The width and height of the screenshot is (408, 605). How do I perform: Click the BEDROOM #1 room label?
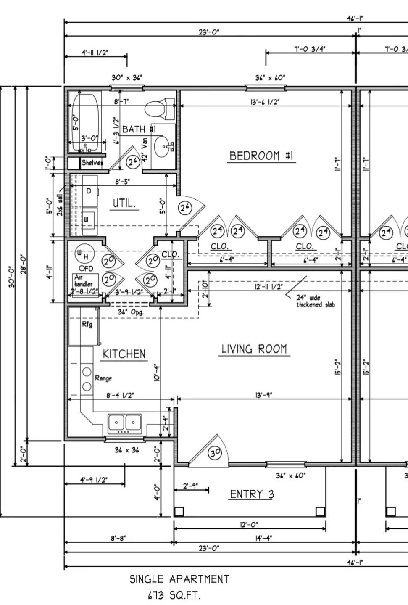click(x=261, y=156)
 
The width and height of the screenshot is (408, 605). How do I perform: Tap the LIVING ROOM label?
click(x=254, y=349)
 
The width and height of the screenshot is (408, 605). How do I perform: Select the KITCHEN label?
click(x=124, y=354)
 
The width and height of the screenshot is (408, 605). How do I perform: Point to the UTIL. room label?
click(x=124, y=204)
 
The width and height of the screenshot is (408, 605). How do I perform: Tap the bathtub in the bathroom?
click(x=85, y=122)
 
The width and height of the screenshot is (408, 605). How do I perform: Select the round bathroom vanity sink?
click(x=163, y=147)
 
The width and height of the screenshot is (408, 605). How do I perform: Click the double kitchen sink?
click(x=125, y=422)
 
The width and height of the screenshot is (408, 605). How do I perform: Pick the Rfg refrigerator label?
click(x=87, y=325)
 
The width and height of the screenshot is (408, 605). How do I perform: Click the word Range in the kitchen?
click(x=103, y=378)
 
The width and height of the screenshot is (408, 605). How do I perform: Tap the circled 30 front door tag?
click(x=216, y=453)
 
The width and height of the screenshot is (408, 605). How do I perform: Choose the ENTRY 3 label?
click(x=252, y=494)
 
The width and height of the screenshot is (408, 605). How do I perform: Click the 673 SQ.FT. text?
click(x=174, y=595)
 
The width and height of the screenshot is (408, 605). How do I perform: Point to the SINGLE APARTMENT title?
click(x=179, y=579)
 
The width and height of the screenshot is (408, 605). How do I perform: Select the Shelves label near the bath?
click(x=92, y=163)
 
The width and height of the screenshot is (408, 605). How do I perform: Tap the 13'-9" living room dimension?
click(x=263, y=395)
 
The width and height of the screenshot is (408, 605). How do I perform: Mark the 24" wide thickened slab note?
click(x=315, y=301)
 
